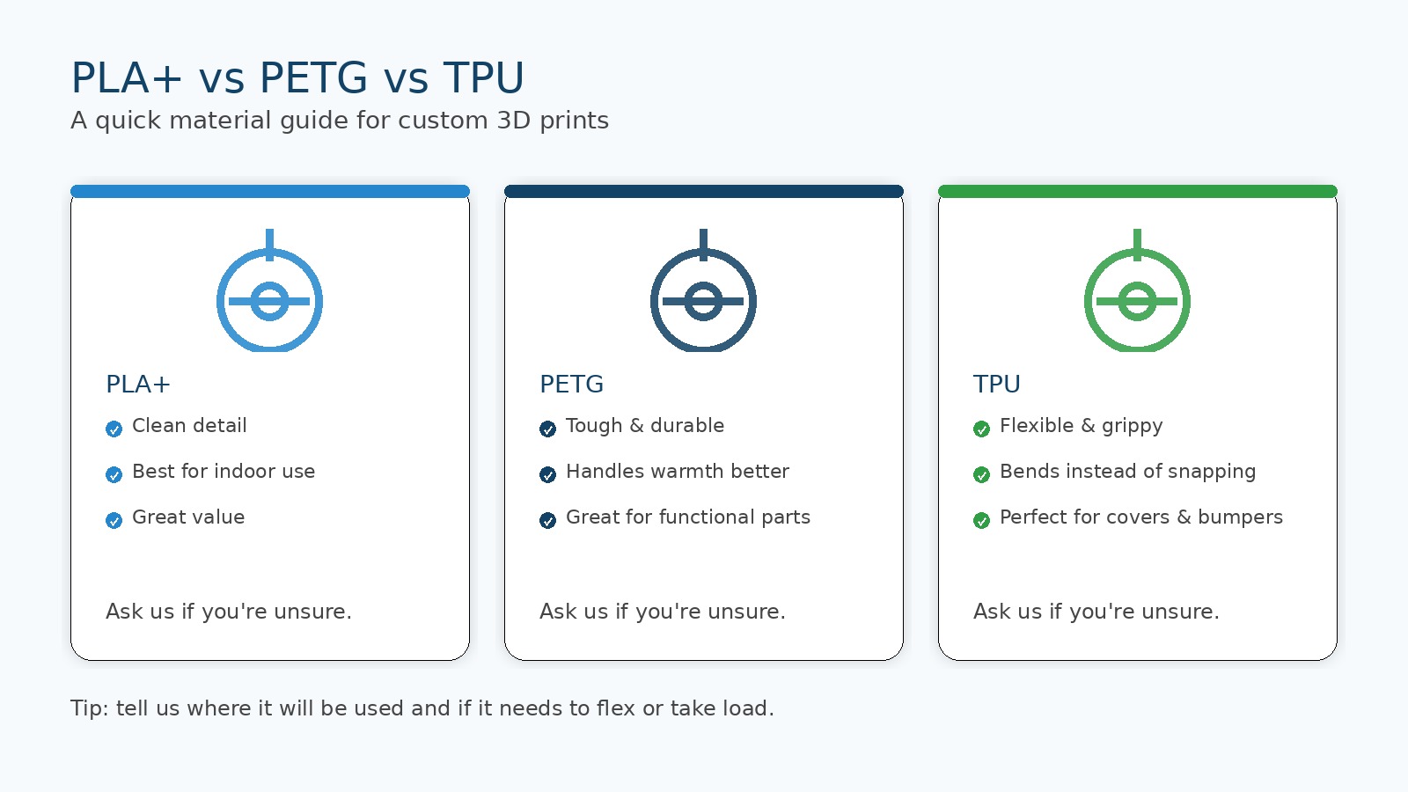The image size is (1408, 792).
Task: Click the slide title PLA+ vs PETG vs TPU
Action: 297,78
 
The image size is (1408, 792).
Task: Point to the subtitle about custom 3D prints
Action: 340,121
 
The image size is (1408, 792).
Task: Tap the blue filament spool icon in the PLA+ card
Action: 269,295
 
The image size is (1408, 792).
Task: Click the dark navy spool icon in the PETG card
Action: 703,295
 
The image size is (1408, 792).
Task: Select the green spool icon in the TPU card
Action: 1137,295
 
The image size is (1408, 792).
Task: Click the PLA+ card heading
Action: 138,385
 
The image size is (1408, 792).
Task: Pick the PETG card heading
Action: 571,385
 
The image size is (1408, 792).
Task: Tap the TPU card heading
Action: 996,385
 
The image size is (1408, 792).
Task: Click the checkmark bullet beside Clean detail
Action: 114,429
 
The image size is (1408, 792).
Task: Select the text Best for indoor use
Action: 224,472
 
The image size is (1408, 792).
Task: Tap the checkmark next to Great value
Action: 114,521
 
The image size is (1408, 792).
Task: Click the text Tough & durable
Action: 645,426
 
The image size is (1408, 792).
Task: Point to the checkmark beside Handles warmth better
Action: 547,475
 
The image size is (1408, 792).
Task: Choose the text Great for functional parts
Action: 688,517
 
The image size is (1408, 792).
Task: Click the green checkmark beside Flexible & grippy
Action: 981,429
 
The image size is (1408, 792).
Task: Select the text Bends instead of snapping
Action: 1127,472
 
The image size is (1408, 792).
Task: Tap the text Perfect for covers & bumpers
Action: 1141,517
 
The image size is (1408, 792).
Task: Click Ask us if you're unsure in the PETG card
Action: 663,612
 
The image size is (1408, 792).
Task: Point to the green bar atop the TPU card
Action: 1137,192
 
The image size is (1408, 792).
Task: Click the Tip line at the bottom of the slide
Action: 422,708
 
